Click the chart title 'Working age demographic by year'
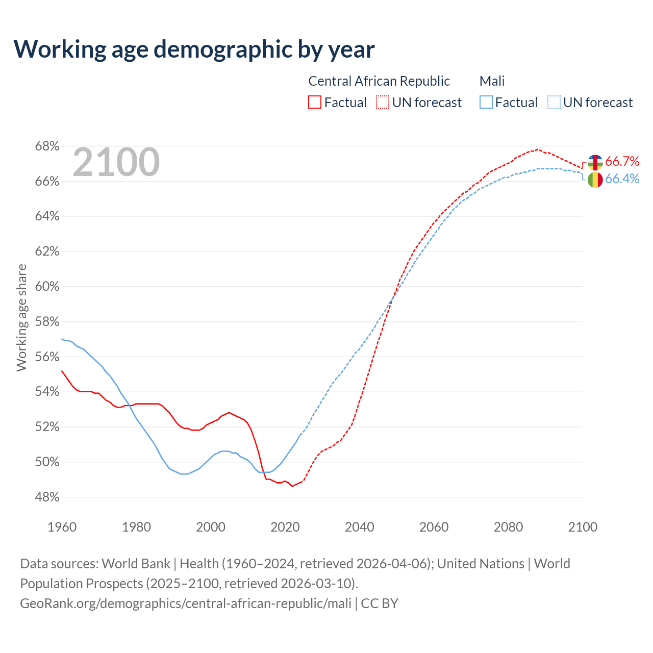[x=194, y=49]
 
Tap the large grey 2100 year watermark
[x=116, y=162]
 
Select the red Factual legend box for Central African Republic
[x=315, y=103]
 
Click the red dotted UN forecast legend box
[x=383, y=103]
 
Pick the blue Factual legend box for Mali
[x=486, y=103]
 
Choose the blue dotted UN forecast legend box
[x=554, y=103]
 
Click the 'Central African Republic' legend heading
[x=379, y=81]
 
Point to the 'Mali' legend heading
[x=492, y=81]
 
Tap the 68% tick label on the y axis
[x=47, y=146]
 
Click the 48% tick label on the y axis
[x=47, y=497]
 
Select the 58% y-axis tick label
[x=47, y=322]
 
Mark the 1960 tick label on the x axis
[x=62, y=527]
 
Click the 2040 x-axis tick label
[x=360, y=527]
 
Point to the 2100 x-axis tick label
[x=583, y=527]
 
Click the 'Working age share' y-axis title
[x=21, y=317]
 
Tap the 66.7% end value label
[x=622, y=162]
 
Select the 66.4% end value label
[x=622, y=179]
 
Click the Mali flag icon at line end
[x=595, y=180]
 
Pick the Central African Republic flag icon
[x=595, y=162]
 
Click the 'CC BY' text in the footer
[x=380, y=604]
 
